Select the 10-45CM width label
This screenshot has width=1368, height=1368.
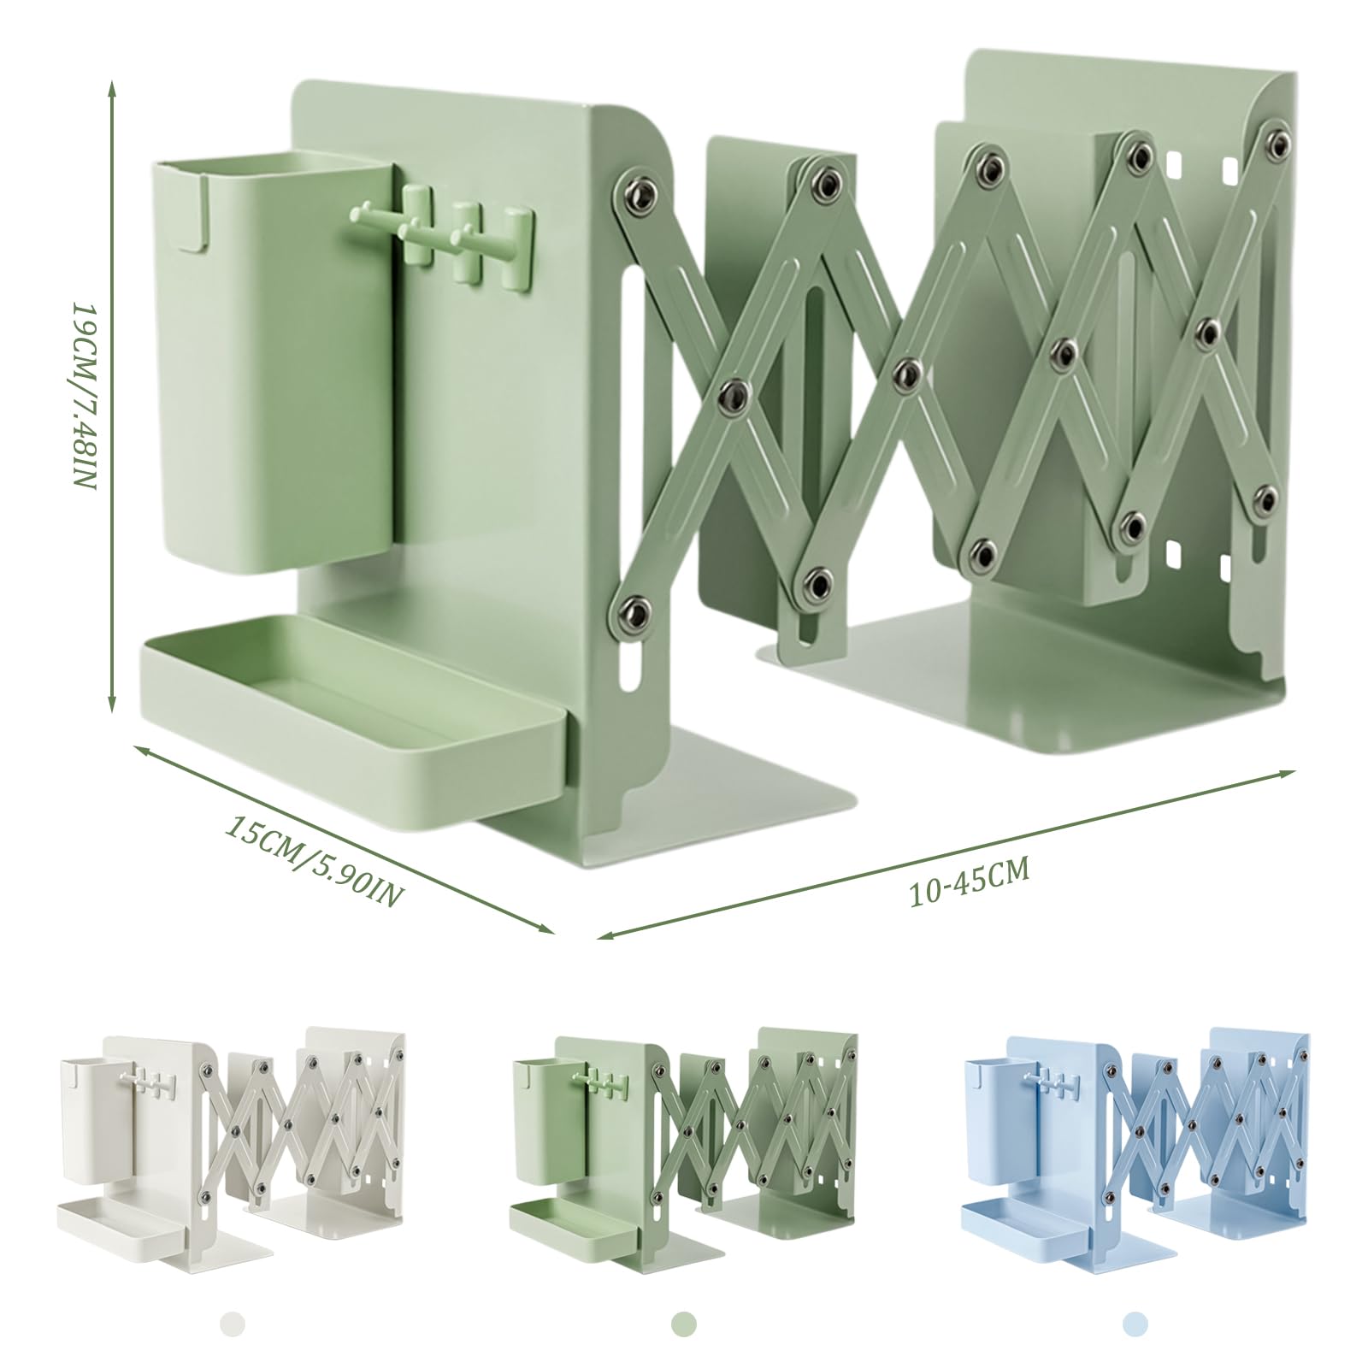point(969,880)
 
